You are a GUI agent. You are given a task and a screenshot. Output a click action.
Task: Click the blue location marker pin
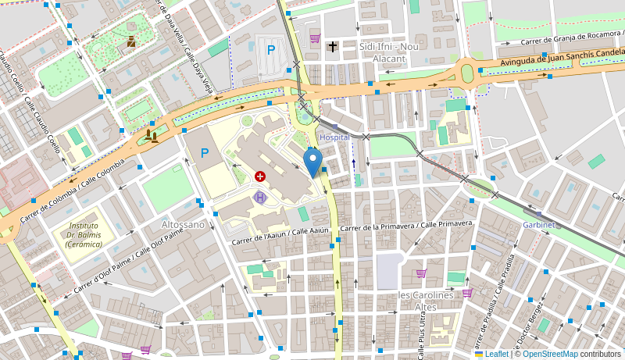(x=312, y=162)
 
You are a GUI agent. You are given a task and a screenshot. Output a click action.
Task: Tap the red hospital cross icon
(x=259, y=177)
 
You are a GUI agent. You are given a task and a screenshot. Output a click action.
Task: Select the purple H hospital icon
(x=260, y=197)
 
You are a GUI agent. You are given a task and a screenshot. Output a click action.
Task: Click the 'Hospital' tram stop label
(x=335, y=137)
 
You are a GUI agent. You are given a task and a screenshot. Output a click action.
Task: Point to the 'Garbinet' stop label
(x=538, y=224)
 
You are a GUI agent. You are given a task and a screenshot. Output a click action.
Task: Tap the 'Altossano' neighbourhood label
(x=183, y=224)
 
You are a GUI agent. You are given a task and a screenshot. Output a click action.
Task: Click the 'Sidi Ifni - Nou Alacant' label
(x=383, y=52)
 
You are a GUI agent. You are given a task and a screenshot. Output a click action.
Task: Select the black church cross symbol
(x=333, y=47)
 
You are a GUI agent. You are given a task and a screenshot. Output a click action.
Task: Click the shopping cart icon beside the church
(x=315, y=37)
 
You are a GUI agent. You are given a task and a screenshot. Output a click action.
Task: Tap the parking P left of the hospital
(x=205, y=153)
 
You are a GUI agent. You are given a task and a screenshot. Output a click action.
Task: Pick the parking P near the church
(x=271, y=50)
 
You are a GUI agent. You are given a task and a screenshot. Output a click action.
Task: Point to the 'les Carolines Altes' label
(x=426, y=301)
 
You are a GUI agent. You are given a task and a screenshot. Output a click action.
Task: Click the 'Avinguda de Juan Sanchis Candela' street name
(x=557, y=56)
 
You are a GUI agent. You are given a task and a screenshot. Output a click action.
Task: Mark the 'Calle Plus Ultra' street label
(x=421, y=332)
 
